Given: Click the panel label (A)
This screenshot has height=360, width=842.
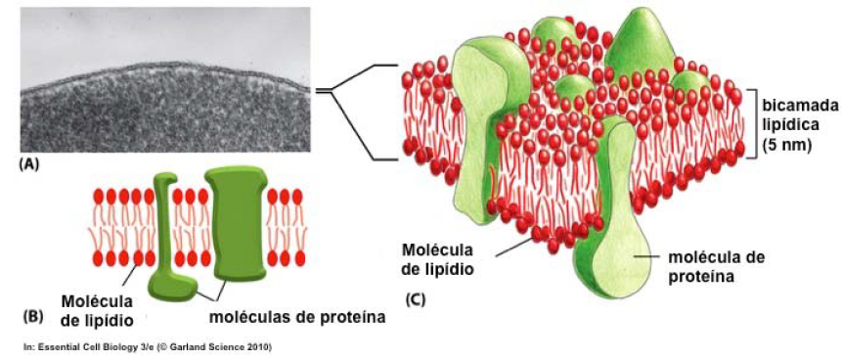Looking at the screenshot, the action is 29,165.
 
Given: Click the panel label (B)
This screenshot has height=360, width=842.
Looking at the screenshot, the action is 33,316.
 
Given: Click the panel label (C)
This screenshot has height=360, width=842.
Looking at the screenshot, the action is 413,298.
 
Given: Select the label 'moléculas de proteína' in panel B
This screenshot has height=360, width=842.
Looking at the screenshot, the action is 297,317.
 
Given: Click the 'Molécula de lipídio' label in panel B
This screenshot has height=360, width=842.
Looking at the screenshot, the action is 96,310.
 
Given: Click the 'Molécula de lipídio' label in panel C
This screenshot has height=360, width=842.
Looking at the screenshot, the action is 438,258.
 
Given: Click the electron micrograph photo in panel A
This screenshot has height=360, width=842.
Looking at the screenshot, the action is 165,79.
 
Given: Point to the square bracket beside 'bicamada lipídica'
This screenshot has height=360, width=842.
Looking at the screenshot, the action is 752,123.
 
